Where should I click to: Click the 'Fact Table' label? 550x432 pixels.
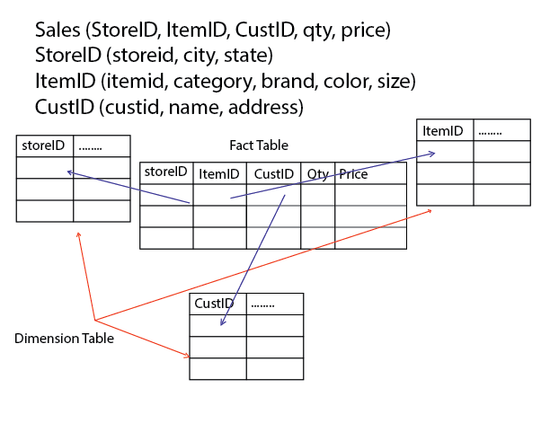pos(259,145)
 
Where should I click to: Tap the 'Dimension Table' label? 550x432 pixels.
pos(64,339)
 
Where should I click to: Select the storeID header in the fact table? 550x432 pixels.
pos(165,172)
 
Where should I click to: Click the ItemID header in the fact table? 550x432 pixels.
pos(219,174)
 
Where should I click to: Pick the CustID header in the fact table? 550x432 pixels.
pos(273,174)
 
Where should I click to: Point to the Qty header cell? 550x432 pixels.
pos(318,174)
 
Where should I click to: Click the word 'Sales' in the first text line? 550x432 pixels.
pos(58,30)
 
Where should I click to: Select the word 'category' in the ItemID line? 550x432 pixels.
pos(213,82)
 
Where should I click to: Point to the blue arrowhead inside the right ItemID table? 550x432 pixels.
pos(432,154)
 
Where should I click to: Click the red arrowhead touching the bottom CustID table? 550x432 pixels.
pos(187,356)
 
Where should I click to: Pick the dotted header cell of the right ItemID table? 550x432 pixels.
pos(502,130)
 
